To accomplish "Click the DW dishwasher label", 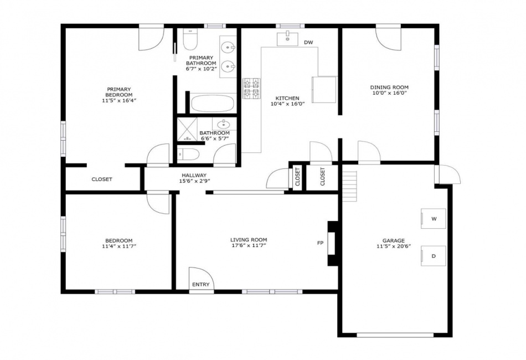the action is click(308, 43).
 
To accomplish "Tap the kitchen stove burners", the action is click(251, 88).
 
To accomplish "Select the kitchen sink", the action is click(287, 39).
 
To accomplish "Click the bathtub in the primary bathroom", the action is click(213, 104).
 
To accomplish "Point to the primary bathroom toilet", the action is click(191, 39).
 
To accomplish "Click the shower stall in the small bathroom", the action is click(187, 129).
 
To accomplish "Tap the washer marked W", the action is click(434, 219).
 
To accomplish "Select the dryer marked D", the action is click(434, 256).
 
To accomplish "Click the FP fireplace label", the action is click(320, 243).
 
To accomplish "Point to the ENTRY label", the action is click(200, 285).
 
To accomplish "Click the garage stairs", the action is click(350, 187).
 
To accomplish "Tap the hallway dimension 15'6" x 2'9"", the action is click(194, 181).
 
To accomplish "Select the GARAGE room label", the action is click(394, 240).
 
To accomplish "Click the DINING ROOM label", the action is click(389, 88).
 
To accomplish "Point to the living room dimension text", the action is click(249, 245).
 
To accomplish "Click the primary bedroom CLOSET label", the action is click(102, 179).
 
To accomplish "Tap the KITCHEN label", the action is click(287, 98).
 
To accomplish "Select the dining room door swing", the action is click(389, 39).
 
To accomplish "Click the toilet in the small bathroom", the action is click(188, 155).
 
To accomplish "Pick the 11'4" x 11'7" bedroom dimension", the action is click(118, 246).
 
